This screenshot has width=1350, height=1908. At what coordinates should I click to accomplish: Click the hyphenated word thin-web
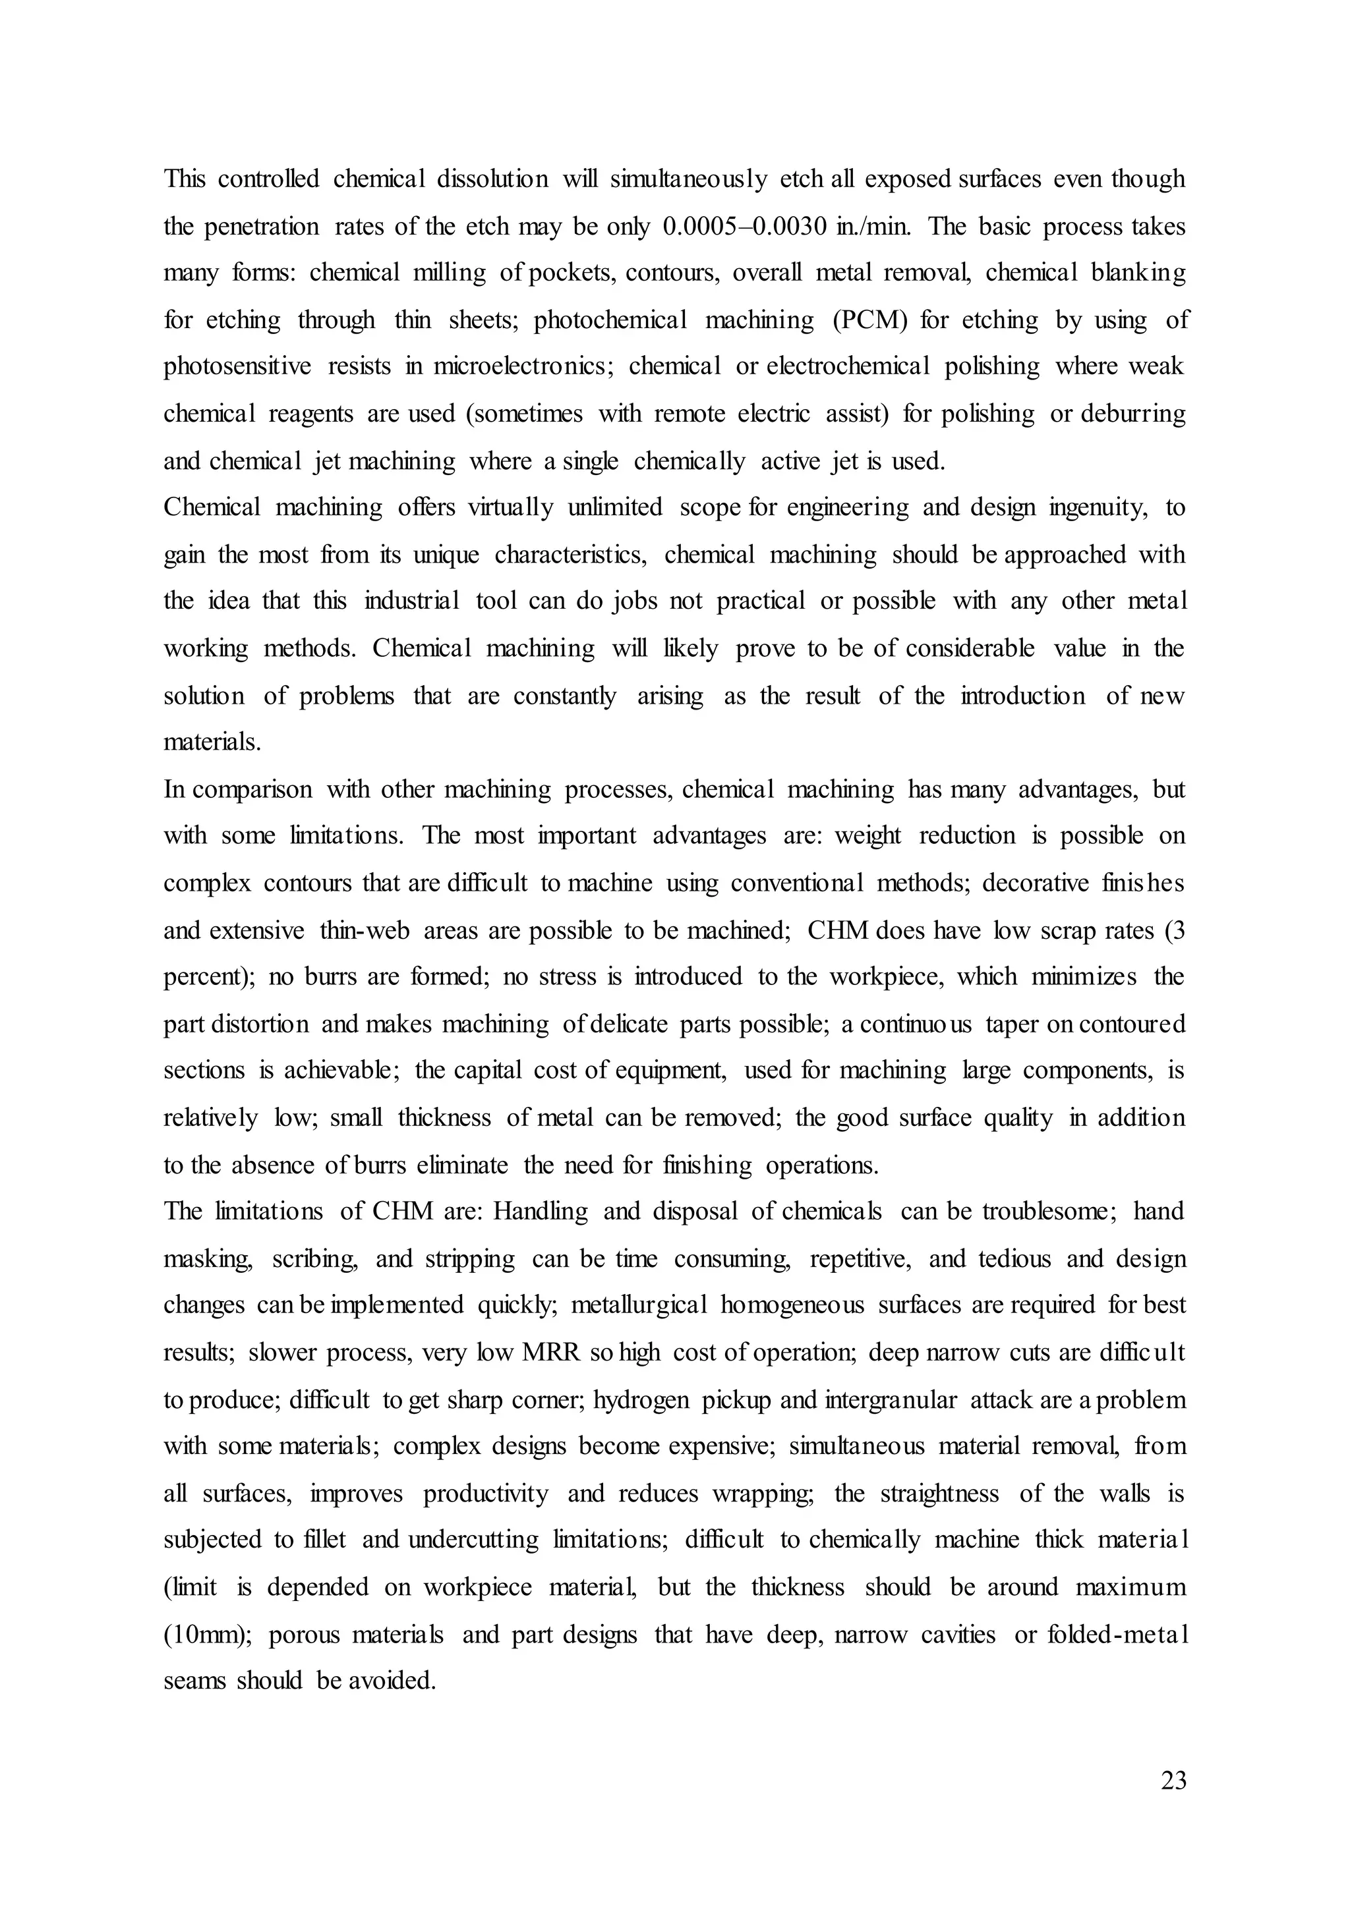point(365,931)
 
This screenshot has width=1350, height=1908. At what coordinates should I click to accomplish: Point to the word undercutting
point(474,1540)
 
